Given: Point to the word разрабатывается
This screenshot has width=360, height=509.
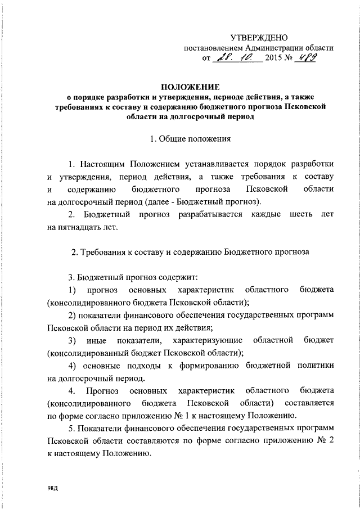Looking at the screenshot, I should pyautogui.click(x=209, y=214).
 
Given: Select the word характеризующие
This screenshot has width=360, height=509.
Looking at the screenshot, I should pyautogui.click(x=208, y=341).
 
